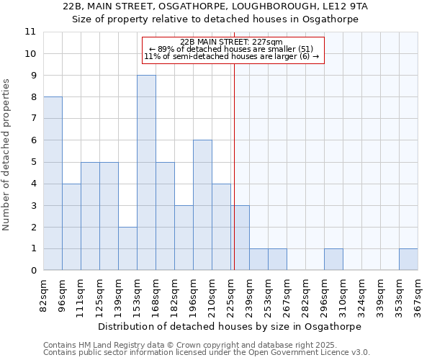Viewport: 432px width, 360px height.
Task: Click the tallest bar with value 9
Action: pyautogui.click(x=146, y=173)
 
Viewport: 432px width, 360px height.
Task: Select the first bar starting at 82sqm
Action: pyautogui.click(x=53, y=184)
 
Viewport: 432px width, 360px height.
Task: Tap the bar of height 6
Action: pyautogui.click(x=202, y=205)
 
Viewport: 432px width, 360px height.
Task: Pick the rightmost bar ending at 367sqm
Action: pyautogui.click(x=408, y=260)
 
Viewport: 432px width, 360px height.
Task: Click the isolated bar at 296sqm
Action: pyautogui.click(x=333, y=260)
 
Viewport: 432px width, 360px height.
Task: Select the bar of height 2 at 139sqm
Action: pyautogui.click(x=127, y=248)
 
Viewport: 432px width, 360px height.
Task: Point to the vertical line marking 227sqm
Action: pyautogui.click(x=234, y=166)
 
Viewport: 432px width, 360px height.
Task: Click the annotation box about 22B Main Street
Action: pyautogui.click(x=233, y=50)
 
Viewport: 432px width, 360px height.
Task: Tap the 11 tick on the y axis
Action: pyautogui.click(x=30, y=32)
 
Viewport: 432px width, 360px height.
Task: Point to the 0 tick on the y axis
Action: pyautogui.click(x=33, y=271)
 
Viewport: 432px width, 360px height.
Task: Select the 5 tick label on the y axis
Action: pyautogui.click(x=33, y=162)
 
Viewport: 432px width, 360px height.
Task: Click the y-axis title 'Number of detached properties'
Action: pyautogui.click(x=7, y=155)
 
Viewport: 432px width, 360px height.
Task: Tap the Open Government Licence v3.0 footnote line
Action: pyautogui.click(x=207, y=353)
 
